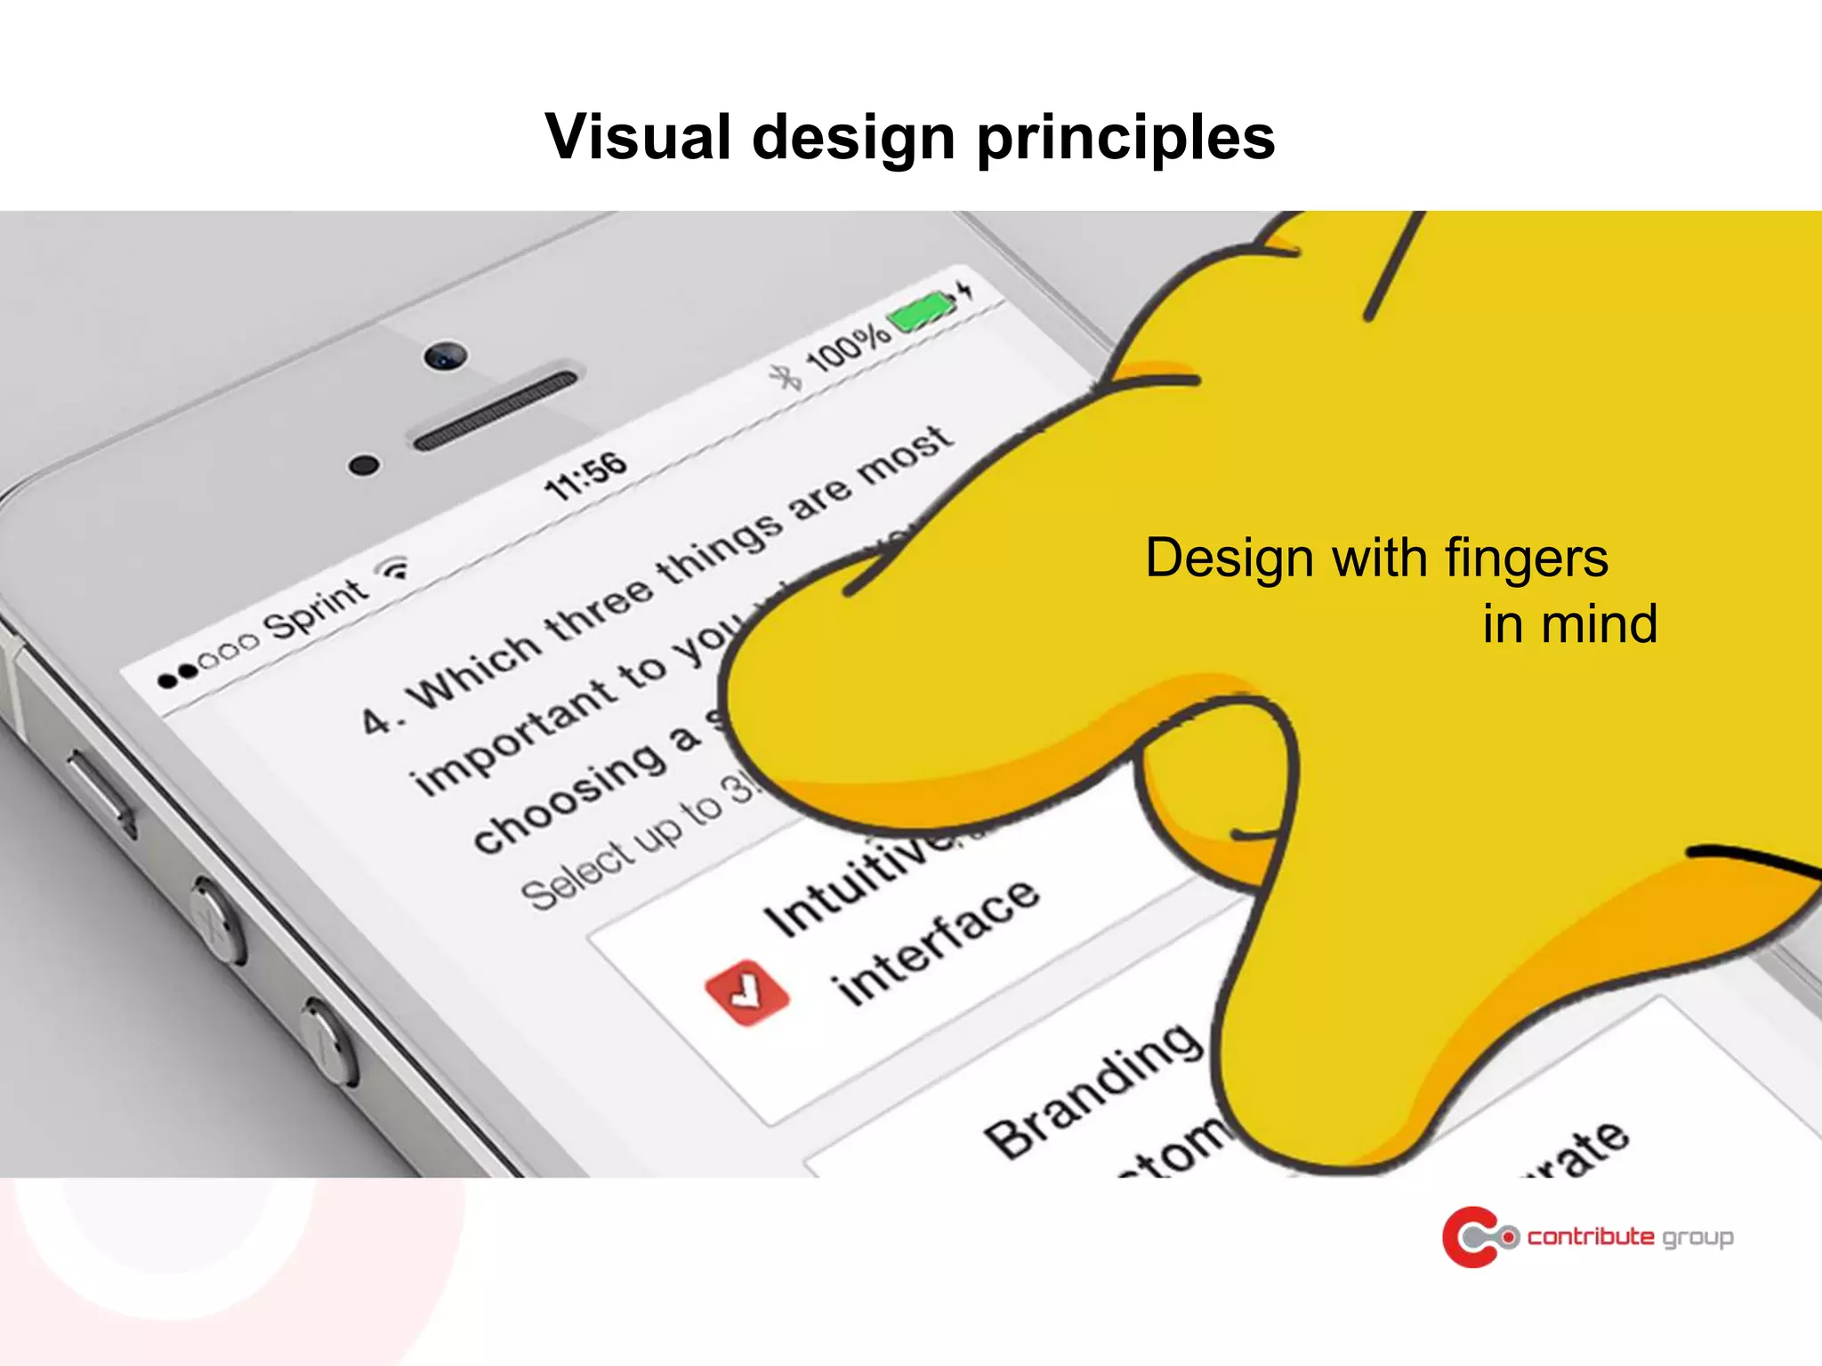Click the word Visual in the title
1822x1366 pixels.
637,138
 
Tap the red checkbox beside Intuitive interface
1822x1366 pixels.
746,992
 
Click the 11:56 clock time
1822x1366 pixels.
585,476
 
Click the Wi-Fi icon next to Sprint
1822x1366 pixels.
394,567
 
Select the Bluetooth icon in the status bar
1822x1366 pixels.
786,377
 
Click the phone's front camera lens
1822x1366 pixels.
445,356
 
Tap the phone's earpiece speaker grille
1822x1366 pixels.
495,410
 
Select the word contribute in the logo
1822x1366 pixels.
1591,1236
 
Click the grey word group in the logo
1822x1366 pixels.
1697,1238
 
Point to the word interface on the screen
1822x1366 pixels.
934,943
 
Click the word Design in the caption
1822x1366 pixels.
1228,558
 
